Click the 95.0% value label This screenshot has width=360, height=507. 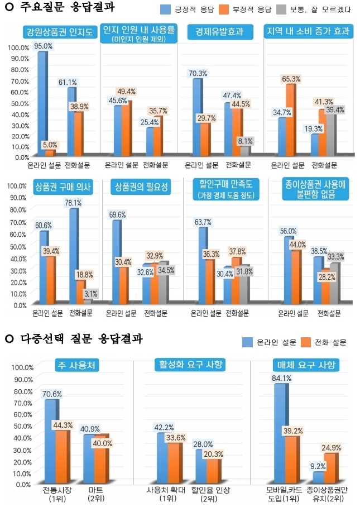[x=42, y=46]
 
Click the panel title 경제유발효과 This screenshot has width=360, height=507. [x=216, y=31]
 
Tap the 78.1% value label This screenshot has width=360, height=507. [x=73, y=203]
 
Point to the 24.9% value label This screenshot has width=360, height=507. [x=332, y=447]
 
